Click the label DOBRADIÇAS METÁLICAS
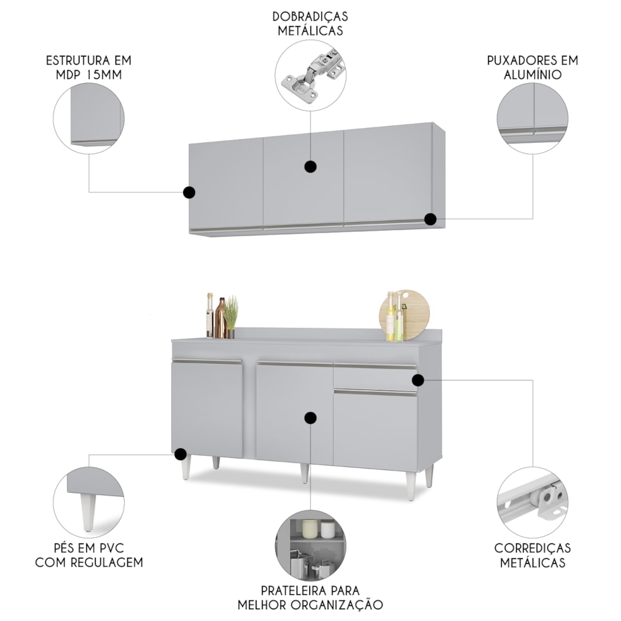tap(310, 24)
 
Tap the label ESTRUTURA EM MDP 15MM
tap(89, 68)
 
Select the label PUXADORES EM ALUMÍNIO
tap(532, 68)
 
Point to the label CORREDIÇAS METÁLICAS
tap(532, 555)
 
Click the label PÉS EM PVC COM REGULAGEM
tap(89, 555)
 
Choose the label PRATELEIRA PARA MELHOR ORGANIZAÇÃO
tap(310, 597)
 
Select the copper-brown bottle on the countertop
tap(221, 318)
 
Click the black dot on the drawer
tap(418, 380)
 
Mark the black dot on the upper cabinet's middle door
tap(310, 166)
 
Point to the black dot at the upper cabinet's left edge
tap(189, 193)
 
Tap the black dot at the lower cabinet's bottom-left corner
tap(181, 454)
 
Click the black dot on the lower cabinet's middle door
tap(310, 418)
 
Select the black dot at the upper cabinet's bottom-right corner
tap(430, 219)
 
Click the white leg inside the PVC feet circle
tap(88, 512)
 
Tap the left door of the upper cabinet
tap(226, 184)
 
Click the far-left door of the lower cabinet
tap(207, 408)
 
